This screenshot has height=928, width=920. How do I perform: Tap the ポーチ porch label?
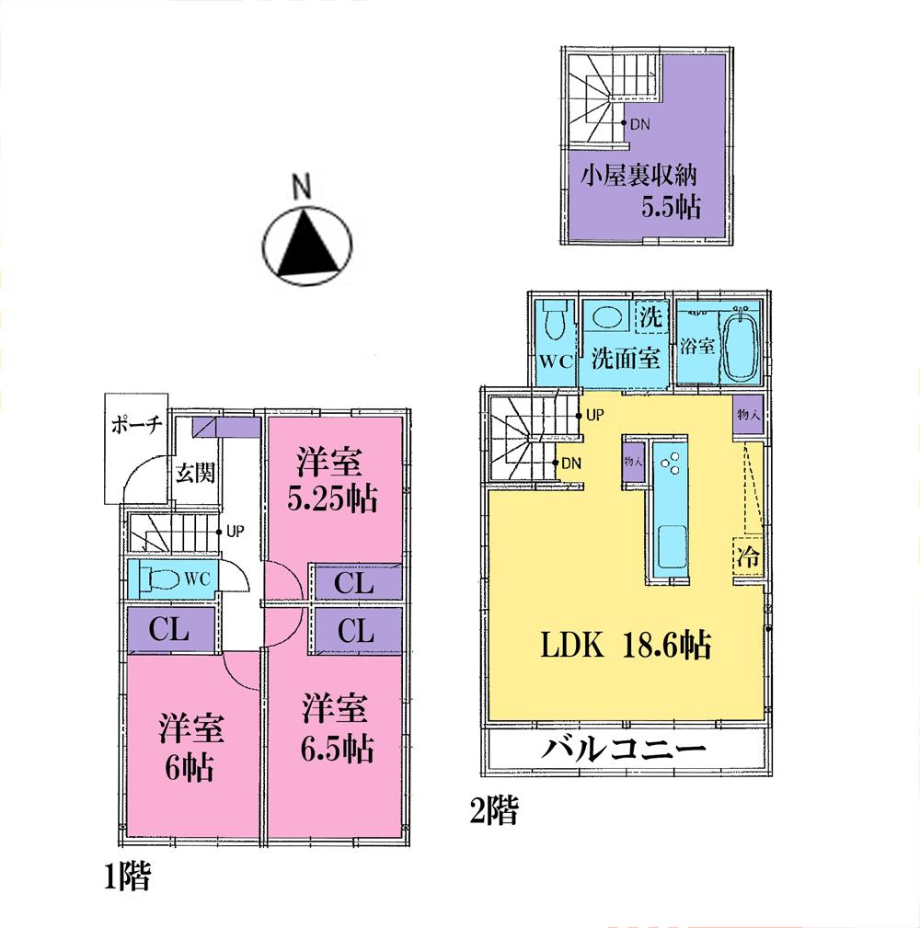pyautogui.click(x=136, y=424)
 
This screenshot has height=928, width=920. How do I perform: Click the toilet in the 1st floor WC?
pyautogui.click(x=162, y=579)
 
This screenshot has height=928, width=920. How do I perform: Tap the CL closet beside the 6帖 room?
pyautogui.click(x=171, y=631)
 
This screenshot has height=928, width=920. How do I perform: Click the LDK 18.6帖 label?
pyautogui.click(x=625, y=646)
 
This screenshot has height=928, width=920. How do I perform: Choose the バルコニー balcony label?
pyautogui.click(x=624, y=748)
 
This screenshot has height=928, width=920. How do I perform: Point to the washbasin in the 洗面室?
pyautogui.click(x=606, y=317)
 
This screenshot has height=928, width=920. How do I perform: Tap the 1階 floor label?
pyautogui.click(x=125, y=877)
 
